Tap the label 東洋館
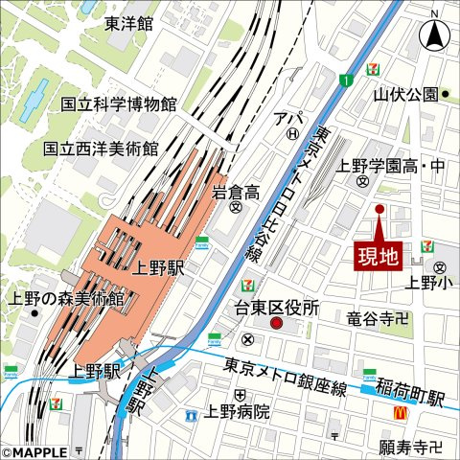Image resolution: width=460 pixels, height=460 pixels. (x=129, y=24)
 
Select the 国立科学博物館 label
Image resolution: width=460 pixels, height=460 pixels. (x=119, y=103)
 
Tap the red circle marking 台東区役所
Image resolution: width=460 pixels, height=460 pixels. (x=277, y=326)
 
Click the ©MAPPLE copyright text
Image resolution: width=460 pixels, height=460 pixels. (x=34, y=451)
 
